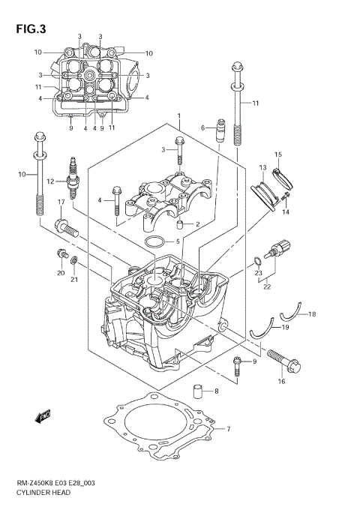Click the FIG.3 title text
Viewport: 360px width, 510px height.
click(31, 30)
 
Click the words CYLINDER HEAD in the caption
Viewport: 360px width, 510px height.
click(46, 496)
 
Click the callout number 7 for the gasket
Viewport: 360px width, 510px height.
click(228, 430)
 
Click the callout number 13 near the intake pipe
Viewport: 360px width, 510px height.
click(263, 167)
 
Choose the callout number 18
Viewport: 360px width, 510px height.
click(312, 313)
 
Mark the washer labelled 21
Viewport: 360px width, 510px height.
click(74, 260)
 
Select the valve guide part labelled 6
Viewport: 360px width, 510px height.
click(220, 132)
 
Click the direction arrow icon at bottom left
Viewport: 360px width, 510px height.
click(42, 413)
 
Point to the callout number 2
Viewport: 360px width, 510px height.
click(196, 224)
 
